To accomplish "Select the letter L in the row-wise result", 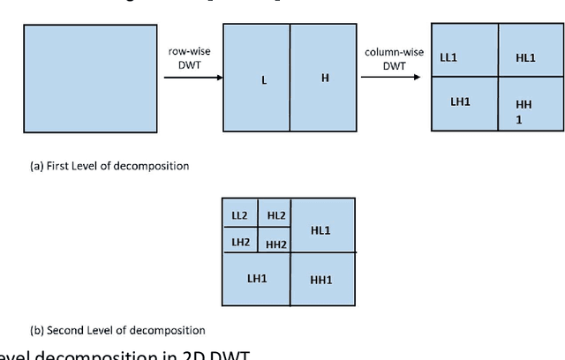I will [264, 80].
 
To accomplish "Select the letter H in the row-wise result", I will [325, 79].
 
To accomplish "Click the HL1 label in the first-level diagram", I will [525, 57].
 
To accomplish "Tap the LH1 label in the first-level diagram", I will [460, 101].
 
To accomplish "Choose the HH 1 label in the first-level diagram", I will [524, 111].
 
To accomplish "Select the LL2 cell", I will [239, 215].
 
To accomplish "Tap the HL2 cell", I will [275, 215].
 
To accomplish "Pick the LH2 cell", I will [239, 242].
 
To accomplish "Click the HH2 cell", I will [275, 244].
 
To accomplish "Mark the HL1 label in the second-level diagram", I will [320, 229].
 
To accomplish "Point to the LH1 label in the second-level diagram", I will [257, 278].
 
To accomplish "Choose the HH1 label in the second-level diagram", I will [321, 280].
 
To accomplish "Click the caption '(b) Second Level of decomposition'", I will [117, 331].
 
